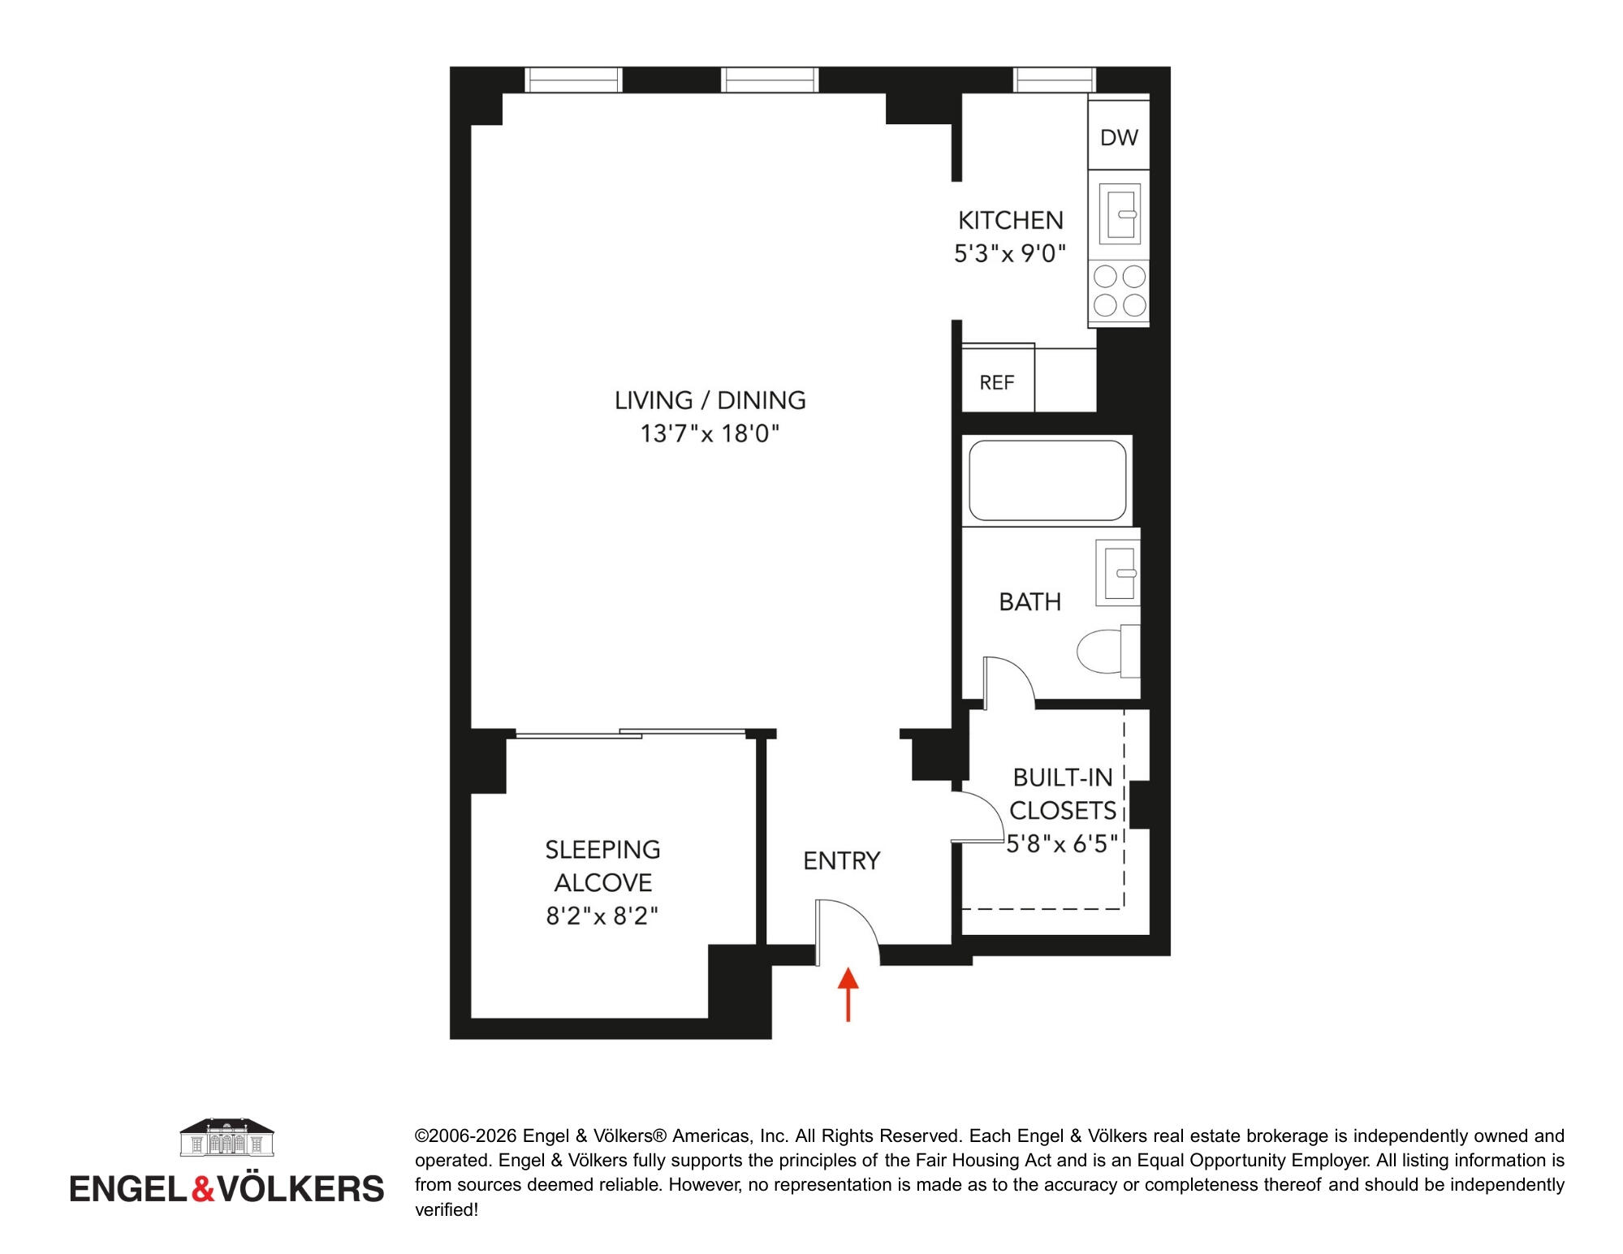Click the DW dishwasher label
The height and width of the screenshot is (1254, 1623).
coord(1119,138)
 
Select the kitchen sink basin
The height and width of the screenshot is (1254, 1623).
coord(1120,213)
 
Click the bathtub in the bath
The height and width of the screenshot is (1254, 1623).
coord(1047,481)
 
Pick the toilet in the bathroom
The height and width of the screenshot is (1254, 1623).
coord(1109,650)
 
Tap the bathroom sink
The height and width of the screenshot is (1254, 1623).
coord(1118,572)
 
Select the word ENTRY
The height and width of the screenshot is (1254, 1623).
coord(841,860)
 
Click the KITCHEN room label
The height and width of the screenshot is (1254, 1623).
coord(1011,220)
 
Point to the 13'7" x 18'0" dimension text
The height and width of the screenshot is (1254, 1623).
coord(710,434)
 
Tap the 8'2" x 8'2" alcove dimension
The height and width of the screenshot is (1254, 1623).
coord(602,916)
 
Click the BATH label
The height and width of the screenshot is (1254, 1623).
coord(1029,601)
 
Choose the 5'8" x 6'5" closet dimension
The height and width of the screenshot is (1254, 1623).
coord(1062,843)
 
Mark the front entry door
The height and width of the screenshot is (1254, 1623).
coord(847,932)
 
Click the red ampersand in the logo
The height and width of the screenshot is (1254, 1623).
coord(202,1188)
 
